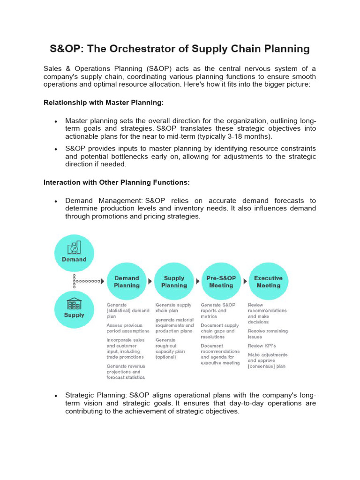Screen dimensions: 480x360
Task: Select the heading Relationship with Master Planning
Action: (103, 102)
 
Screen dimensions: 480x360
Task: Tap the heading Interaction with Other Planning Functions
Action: (116, 182)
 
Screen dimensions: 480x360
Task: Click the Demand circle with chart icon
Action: (74, 254)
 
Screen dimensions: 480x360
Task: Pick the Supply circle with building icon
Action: (74, 309)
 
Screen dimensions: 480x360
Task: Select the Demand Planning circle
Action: (127, 282)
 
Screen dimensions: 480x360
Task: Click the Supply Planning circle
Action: (174, 282)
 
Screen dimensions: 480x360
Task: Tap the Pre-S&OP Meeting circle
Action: (221, 282)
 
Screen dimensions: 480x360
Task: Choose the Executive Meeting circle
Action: (268, 282)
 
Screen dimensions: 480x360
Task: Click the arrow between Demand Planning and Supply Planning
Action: (150, 282)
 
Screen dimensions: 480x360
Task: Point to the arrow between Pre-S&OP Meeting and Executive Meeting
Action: (244, 282)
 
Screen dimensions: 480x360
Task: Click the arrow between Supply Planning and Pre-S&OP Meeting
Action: (197, 282)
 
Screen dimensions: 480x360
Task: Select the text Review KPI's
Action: (262, 346)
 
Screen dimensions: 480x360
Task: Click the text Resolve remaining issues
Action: (268, 334)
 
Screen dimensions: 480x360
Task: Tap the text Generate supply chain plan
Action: (173, 307)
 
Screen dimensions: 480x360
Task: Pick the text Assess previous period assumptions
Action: (124, 328)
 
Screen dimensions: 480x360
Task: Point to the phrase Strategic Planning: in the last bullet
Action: (96, 395)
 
